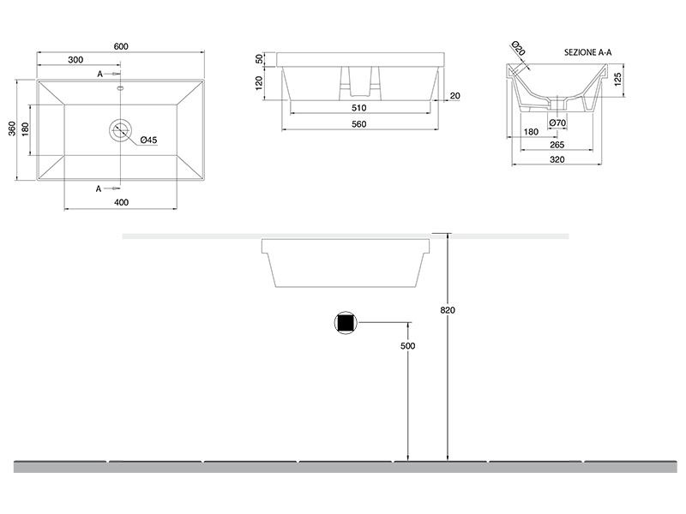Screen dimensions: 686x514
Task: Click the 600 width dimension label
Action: (121, 46)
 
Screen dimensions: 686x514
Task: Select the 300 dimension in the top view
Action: (75, 60)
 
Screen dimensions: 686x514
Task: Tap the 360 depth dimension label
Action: (12, 128)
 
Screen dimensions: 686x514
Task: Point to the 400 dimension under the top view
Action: (121, 202)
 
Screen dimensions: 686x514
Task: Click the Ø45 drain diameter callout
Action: (148, 140)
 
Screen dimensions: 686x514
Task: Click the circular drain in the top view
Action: (120, 129)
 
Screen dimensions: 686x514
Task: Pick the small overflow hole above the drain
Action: (120, 89)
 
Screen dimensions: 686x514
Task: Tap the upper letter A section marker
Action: (99, 75)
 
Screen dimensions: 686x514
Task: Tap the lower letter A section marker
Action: (99, 188)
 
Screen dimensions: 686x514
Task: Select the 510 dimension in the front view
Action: (358, 108)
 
